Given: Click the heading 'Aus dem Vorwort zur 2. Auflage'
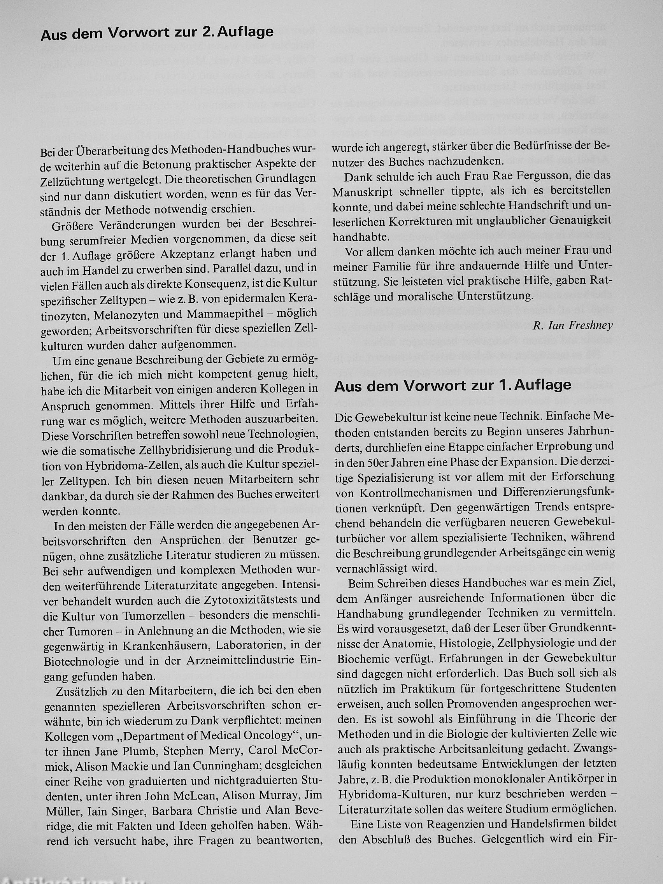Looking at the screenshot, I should pyautogui.click(x=157, y=33).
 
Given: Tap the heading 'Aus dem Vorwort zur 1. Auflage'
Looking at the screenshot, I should pyautogui.click(x=453, y=385).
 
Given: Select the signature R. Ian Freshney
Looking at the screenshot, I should pyautogui.click(x=572, y=326).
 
